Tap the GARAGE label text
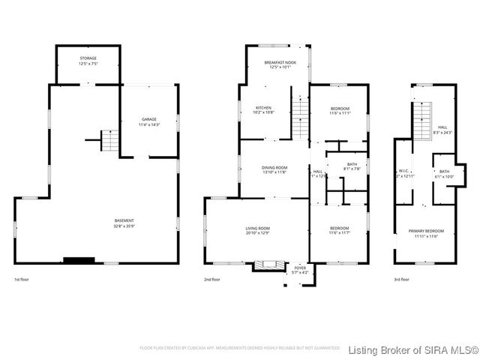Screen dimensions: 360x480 coord(148,122)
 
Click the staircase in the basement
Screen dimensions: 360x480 coord(109,140)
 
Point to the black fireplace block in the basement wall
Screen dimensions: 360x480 coord(79,261)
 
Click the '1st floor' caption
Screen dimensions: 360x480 coord(22,280)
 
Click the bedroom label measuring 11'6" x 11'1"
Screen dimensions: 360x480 coord(340,111)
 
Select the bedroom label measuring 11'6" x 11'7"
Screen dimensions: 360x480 coord(340,230)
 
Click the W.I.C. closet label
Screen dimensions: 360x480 coord(402,174)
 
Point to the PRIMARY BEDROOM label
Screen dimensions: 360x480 coord(426,233)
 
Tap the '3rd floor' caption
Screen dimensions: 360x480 coord(402,280)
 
